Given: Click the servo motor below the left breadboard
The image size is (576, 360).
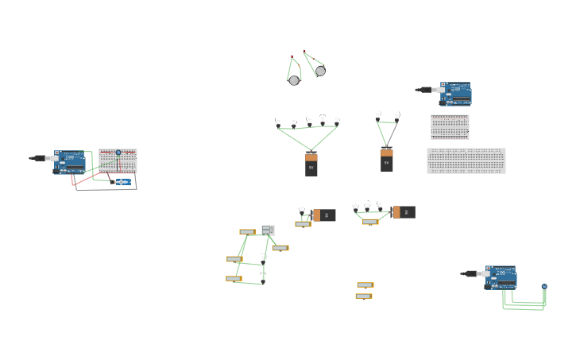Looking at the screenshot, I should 122,182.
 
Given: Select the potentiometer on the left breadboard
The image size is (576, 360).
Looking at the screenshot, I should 118,153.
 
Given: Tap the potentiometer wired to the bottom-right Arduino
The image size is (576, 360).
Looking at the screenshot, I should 544,286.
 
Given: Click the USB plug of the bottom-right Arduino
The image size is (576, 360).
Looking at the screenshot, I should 470,273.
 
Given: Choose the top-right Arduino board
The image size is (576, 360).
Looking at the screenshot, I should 456,94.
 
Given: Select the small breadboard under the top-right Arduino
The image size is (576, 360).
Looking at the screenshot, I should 450,127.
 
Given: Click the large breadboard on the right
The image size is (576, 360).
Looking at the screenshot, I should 466,161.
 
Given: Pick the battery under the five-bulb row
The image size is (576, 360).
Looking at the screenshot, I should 311,165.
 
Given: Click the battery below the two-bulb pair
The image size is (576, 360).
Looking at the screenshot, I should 387,160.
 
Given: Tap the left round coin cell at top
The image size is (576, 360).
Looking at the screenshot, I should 294,80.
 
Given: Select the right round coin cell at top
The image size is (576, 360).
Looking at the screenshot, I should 320,71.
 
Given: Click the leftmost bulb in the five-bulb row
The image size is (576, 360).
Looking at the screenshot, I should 278,122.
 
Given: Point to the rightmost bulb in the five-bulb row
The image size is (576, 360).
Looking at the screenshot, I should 337,122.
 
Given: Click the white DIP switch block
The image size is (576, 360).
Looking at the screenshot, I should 268,230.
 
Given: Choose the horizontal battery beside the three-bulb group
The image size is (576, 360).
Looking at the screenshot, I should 404,212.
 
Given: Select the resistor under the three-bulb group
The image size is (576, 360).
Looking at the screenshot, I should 370,222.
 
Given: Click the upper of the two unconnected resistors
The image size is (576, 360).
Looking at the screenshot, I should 365,285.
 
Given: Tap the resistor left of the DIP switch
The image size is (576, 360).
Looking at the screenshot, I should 247,232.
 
